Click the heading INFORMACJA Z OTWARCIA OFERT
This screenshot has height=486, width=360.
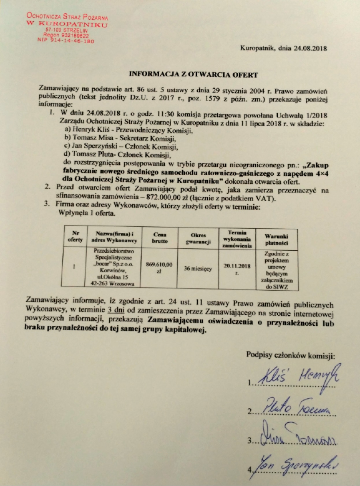(x=193, y=75)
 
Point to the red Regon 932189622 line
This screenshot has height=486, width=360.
(x=66, y=36)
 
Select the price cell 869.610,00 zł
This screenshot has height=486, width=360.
(x=159, y=267)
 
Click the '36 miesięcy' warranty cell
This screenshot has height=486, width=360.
(x=198, y=269)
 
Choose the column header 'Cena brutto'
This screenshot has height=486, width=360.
(x=159, y=238)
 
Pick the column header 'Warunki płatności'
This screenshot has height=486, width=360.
(x=277, y=239)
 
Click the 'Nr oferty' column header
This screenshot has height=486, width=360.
(x=75, y=237)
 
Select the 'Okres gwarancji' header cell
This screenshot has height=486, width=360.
(x=198, y=239)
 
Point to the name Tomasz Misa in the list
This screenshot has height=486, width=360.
(x=93, y=138)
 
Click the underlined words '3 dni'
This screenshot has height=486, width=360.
(x=116, y=310)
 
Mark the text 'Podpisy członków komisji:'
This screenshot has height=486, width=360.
(x=290, y=355)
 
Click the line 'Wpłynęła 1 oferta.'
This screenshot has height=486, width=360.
(x=87, y=213)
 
